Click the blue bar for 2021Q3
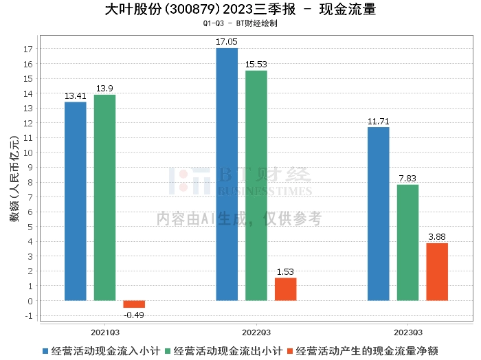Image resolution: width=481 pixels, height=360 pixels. (x=76, y=201)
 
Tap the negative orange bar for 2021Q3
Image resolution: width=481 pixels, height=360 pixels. (x=134, y=304)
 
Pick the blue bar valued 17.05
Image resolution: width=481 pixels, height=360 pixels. (x=227, y=175)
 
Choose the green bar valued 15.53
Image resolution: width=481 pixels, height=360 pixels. (x=256, y=185)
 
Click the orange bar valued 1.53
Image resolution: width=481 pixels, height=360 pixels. (x=285, y=289)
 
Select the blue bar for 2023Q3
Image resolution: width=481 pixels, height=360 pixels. (x=379, y=214)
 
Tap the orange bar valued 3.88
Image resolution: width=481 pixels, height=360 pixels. (x=437, y=272)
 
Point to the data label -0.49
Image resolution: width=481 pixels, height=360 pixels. (x=134, y=315)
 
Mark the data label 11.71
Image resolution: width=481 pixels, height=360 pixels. (x=379, y=122)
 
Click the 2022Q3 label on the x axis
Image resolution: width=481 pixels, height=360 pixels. (x=256, y=331)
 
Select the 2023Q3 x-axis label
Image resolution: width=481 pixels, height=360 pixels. (x=407, y=331)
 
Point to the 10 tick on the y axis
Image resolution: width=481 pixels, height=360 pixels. (x=29, y=153)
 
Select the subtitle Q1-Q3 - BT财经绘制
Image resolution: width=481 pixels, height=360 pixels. (x=240, y=23)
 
